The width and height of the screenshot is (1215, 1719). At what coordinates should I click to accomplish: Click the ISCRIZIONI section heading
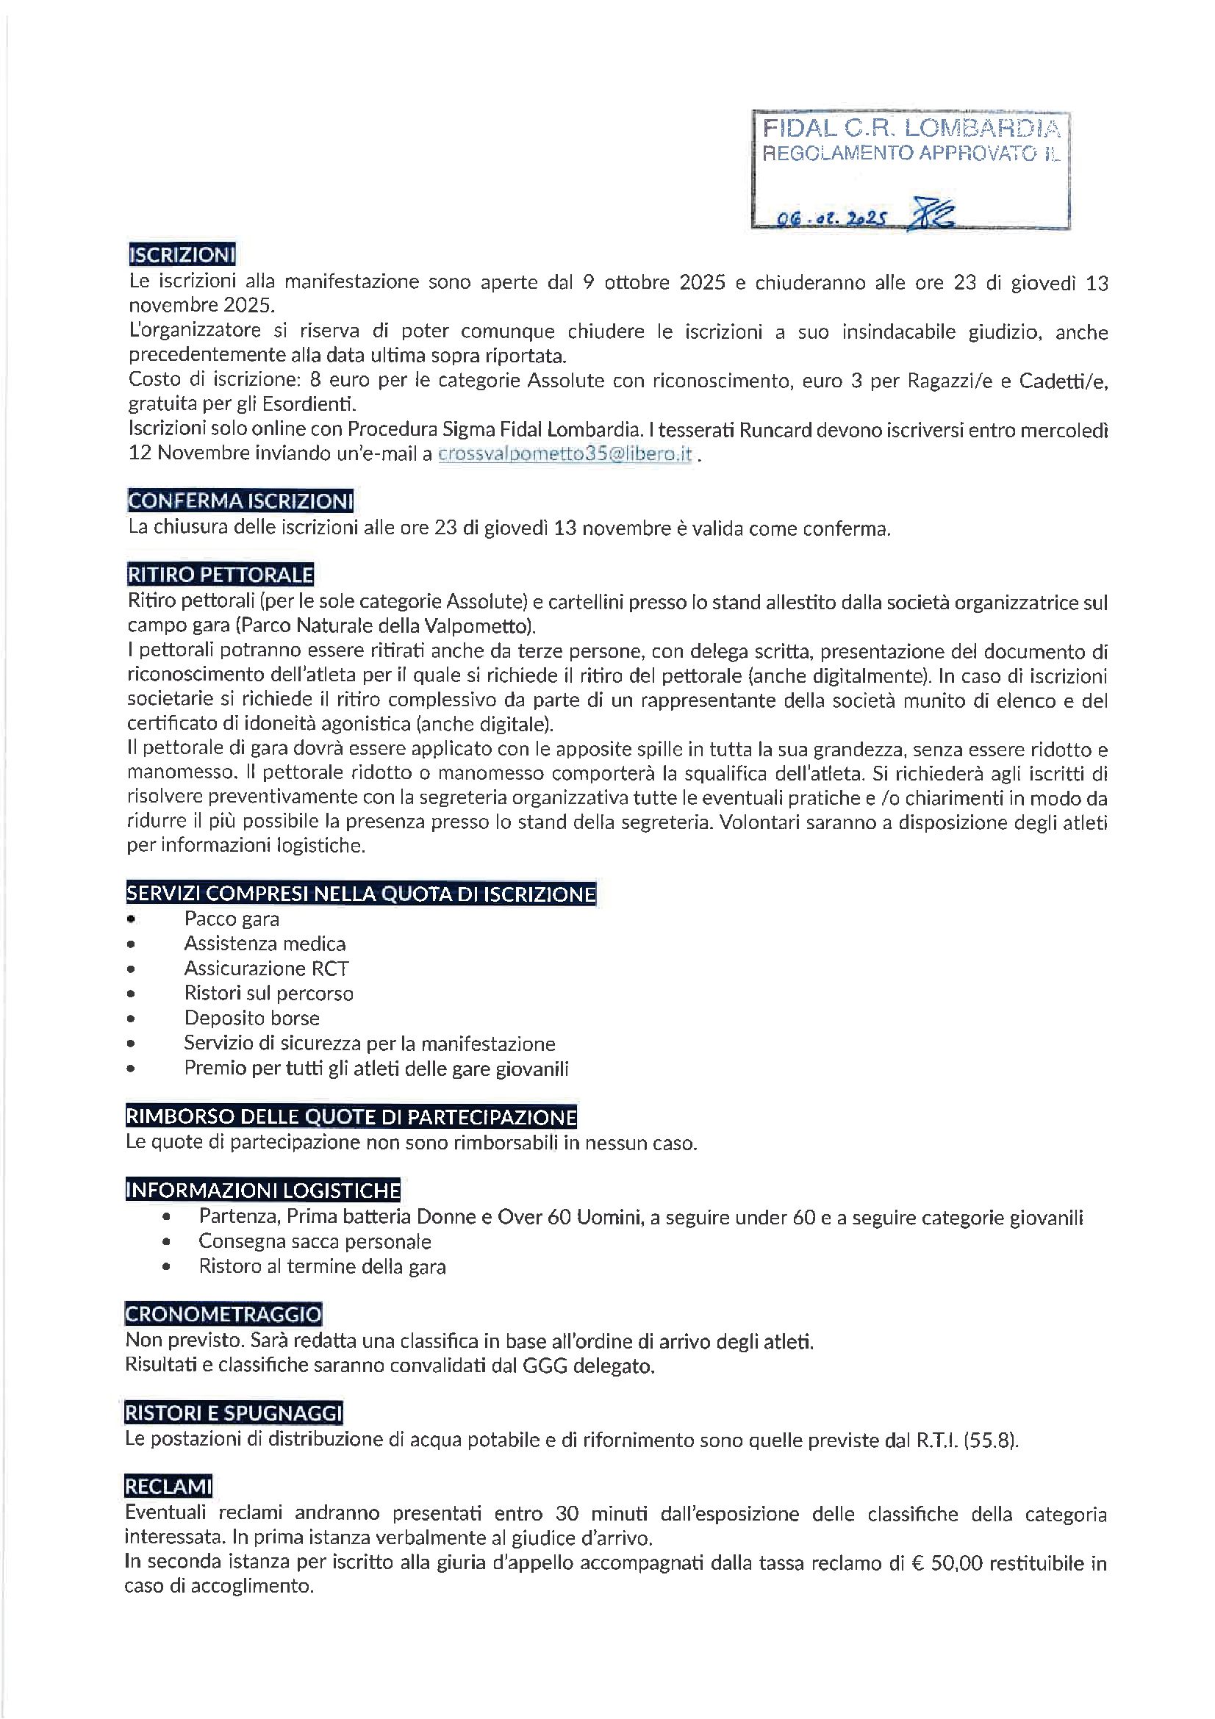[182, 254]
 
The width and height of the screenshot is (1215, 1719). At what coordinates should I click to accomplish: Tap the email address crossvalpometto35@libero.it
[565, 454]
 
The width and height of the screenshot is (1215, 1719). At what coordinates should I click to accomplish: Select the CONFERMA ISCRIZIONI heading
[240, 500]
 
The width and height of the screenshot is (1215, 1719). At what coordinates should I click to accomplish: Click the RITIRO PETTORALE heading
[220, 574]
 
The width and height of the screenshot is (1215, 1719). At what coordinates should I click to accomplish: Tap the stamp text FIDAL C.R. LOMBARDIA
[910, 129]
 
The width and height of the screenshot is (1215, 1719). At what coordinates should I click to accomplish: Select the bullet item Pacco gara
[232, 919]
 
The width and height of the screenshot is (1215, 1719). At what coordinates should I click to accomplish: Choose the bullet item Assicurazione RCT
[266, 968]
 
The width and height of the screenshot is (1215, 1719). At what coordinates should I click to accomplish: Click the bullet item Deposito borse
[251, 1018]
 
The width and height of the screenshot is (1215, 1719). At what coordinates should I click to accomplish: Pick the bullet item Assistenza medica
[265, 944]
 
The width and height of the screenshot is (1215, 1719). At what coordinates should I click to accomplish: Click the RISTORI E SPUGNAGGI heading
[234, 1413]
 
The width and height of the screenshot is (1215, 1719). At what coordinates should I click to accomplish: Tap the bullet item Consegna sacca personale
[315, 1241]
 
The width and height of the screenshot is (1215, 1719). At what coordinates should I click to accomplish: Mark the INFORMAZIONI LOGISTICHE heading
[262, 1191]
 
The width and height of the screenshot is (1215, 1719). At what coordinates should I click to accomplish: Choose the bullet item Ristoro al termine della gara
[322, 1267]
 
